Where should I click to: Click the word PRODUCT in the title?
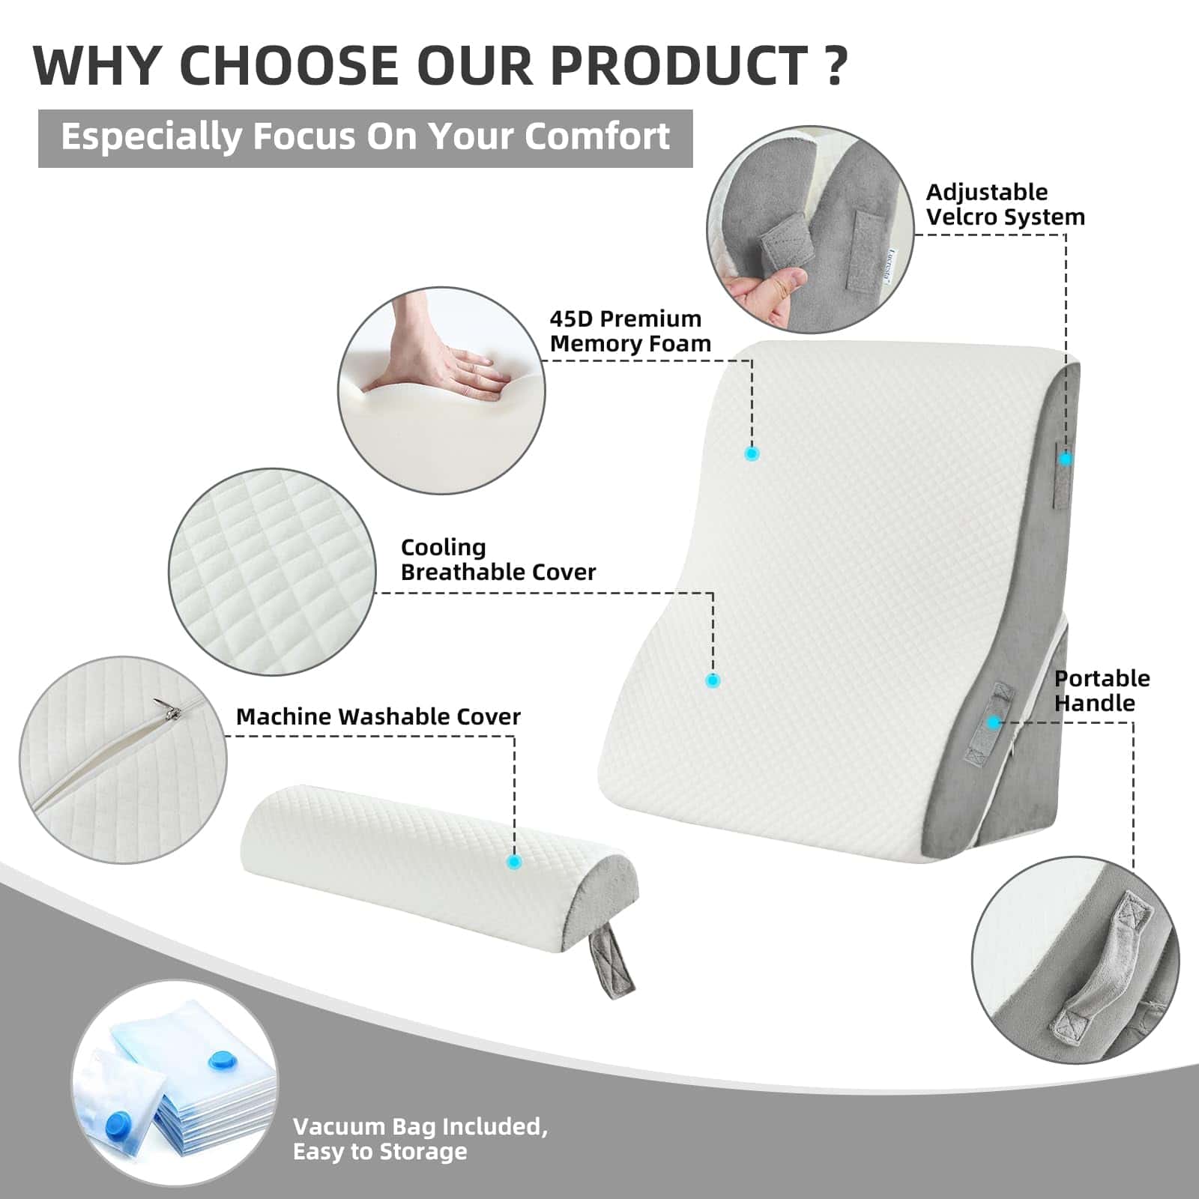[x=678, y=66]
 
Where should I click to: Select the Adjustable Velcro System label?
[x=1005, y=204]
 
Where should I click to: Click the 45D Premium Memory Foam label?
[x=629, y=330]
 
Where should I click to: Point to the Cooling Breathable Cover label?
[x=498, y=559]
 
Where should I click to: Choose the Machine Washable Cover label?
[x=378, y=716]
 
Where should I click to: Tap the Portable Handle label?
[x=1102, y=690]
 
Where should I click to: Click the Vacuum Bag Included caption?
[x=420, y=1138]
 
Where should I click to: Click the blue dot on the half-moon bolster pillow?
[x=514, y=862]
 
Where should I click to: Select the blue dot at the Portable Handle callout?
[x=994, y=722]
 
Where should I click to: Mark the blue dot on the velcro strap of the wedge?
[x=1065, y=459]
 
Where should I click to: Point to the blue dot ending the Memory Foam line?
[x=752, y=453]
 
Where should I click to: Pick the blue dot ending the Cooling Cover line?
[x=713, y=680]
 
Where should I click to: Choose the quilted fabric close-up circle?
[x=272, y=572]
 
